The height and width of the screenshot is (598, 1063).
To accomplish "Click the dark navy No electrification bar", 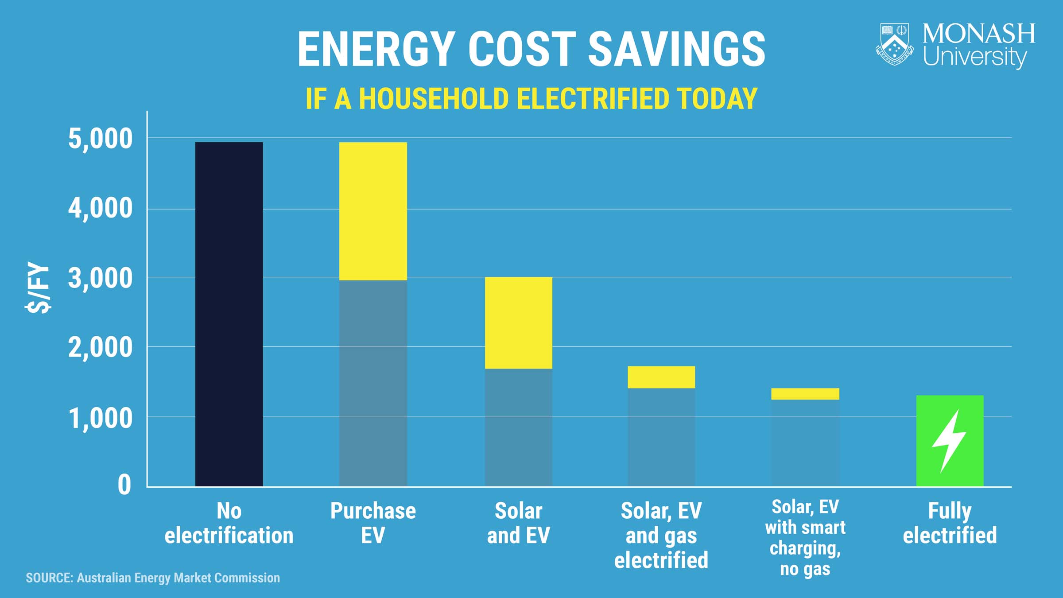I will [x=229, y=314].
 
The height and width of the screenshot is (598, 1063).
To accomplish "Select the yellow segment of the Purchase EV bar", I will [x=373, y=211].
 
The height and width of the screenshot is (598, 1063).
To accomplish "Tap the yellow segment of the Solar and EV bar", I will [x=518, y=322].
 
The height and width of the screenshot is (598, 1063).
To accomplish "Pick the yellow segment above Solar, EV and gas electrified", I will [x=661, y=377].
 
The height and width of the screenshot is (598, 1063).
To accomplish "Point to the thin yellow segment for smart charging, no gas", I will [x=805, y=394].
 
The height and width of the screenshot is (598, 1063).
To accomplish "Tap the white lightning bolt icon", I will [x=949, y=441].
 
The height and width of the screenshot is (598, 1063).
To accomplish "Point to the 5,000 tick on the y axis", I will [x=100, y=139].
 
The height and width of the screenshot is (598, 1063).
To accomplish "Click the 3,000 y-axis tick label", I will [x=100, y=278].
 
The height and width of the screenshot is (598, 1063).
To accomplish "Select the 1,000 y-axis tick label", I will [x=100, y=418].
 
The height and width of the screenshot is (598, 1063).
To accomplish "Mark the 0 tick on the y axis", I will [x=124, y=485].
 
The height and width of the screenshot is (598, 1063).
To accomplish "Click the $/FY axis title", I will [x=38, y=287].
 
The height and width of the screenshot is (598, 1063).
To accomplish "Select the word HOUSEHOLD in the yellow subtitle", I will [x=433, y=99].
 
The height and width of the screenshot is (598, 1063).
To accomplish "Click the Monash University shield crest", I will [x=895, y=44].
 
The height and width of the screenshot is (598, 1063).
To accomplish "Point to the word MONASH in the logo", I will [x=979, y=34].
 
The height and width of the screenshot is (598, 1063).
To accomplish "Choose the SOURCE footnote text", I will [x=153, y=578].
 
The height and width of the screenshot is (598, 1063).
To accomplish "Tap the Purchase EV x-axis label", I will [x=373, y=523].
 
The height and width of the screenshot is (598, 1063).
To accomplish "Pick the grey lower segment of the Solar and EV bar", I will [x=518, y=427].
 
